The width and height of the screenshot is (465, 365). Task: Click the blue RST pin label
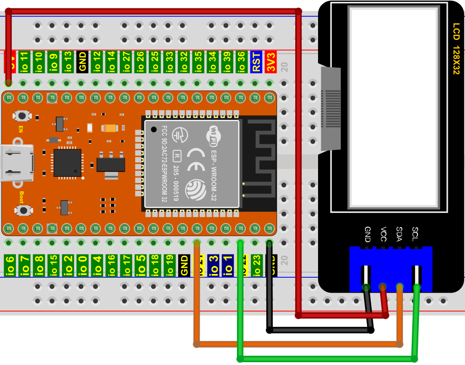click(256, 61)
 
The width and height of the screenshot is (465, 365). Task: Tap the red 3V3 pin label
click(271, 61)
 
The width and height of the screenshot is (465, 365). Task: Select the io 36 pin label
click(241, 61)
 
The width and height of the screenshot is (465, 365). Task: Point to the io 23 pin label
click(256, 265)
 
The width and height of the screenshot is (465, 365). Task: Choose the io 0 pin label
click(83, 265)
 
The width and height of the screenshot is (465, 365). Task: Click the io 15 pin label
click(54, 265)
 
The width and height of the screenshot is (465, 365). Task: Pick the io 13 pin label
click(68, 61)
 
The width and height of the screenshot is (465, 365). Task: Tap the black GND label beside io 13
click(83, 61)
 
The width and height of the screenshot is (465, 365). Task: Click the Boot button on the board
click(22, 210)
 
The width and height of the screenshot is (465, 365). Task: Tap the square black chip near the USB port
click(68, 163)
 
